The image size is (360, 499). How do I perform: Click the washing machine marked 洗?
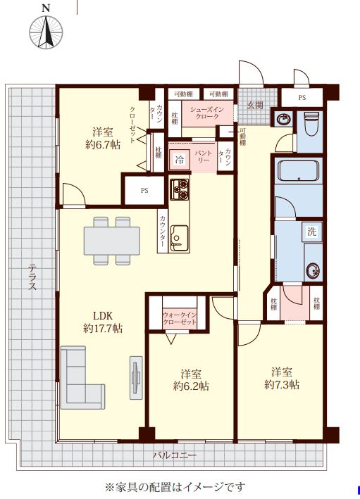[x=312, y=232]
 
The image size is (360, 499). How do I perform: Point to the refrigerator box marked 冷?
[x=180, y=160]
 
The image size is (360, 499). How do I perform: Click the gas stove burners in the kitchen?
[x=180, y=189]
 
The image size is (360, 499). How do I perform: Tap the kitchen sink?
[x=179, y=238]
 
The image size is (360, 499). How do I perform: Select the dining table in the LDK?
[x=112, y=241]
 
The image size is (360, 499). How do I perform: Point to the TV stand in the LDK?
[x=137, y=377]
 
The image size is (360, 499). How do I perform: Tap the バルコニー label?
[x=175, y=455]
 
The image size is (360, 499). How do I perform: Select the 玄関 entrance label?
[x=256, y=106]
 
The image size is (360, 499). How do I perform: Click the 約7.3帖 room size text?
[x=282, y=385]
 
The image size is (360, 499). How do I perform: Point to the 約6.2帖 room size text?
[x=191, y=386]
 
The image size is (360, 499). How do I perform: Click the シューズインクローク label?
[x=207, y=113]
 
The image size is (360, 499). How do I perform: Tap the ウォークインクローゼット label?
[x=180, y=318]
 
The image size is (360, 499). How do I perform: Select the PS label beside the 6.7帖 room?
[x=144, y=191]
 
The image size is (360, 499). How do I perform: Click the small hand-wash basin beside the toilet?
[x=283, y=120]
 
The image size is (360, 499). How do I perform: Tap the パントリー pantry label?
[x=204, y=156]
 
